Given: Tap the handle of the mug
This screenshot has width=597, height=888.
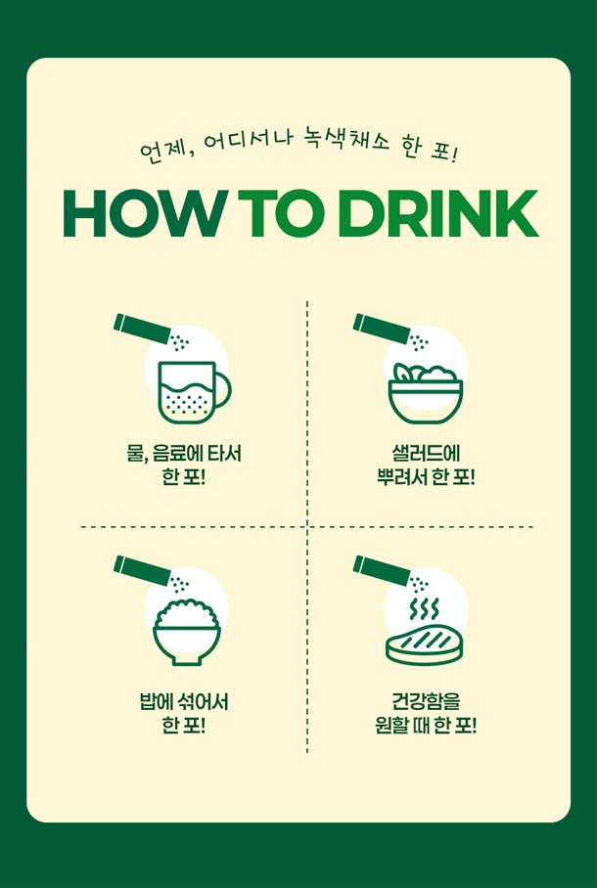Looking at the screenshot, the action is [224, 391].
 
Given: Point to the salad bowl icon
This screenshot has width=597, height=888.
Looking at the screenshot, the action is [425, 393].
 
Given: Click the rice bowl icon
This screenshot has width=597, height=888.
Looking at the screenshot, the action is [187, 632].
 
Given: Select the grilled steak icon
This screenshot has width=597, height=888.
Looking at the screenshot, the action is [424, 646].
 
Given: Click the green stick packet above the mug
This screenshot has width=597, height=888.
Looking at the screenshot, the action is [142, 329].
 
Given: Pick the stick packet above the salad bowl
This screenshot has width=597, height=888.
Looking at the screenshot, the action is [382, 329].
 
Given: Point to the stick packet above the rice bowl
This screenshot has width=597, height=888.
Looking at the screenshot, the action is [142, 571].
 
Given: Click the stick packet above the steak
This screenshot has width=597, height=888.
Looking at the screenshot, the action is [382, 571].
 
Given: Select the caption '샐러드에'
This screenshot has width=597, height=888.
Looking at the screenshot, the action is [425, 454].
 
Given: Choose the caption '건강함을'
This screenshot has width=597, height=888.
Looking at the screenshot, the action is [425, 703].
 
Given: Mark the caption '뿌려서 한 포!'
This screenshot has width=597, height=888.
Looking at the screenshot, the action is [425, 477].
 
